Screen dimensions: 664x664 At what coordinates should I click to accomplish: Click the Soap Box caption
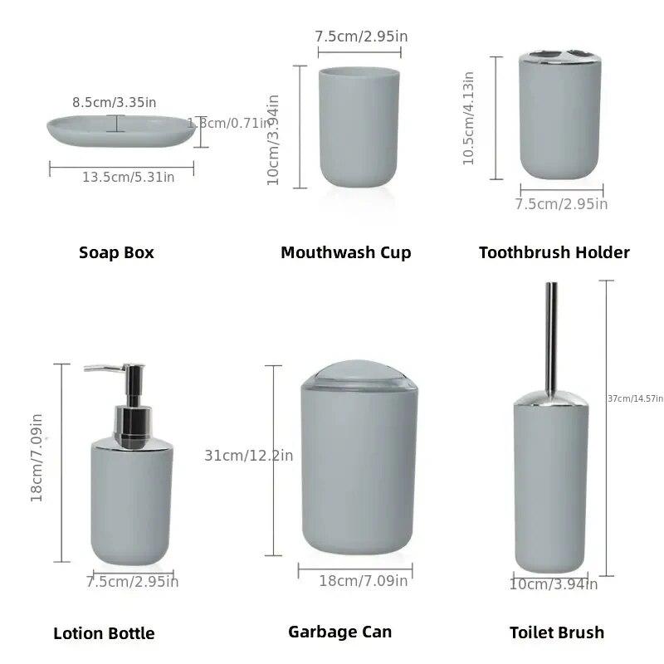point(116,252)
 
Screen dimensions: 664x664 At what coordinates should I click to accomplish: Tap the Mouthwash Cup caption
point(345,252)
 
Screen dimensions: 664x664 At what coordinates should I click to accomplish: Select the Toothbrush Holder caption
point(554,252)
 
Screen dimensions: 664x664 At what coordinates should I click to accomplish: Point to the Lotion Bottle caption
point(104,633)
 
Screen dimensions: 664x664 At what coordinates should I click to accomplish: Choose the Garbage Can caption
point(339,632)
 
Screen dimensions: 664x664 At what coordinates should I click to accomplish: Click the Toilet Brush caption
point(556,632)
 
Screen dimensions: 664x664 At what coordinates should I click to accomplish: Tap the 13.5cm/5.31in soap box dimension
point(128,177)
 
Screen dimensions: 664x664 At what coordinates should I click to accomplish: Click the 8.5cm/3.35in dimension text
point(114,102)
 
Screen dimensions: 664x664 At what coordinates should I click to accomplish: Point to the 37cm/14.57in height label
point(635,398)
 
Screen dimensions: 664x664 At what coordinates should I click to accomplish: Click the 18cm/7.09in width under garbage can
point(363,581)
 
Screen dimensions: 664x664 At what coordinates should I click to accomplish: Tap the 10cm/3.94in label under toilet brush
point(553,584)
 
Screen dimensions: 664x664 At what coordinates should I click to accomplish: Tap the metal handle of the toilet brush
point(550,332)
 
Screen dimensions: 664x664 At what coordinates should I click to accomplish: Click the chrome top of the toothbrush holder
point(559,61)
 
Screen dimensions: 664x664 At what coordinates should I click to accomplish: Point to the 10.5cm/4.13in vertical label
point(469,117)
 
